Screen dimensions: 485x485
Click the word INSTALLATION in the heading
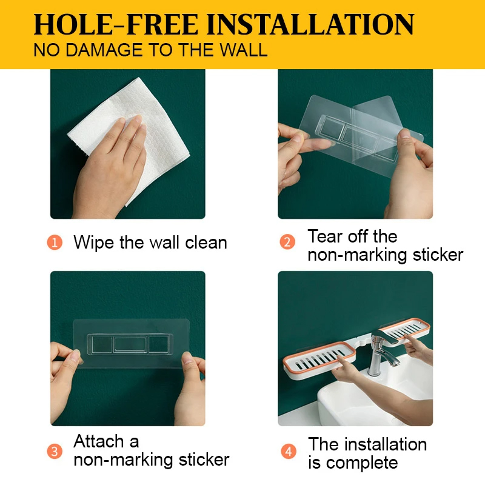click(310, 24)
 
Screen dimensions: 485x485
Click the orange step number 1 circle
click(55, 242)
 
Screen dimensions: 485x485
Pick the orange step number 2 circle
click(287, 242)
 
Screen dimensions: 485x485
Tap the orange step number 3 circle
click(55, 451)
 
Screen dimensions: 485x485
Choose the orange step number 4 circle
click(289, 451)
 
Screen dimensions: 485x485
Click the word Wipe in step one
click(94, 243)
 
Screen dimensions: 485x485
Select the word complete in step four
click(362, 464)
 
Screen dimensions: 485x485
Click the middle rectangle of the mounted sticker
click(130, 344)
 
